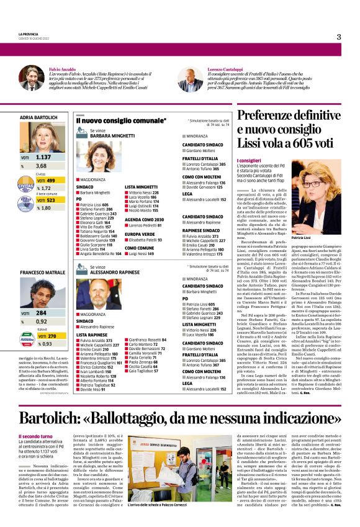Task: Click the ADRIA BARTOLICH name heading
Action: (38, 117)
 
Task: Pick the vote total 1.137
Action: (43, 158)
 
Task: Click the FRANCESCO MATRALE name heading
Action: (42, 273)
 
